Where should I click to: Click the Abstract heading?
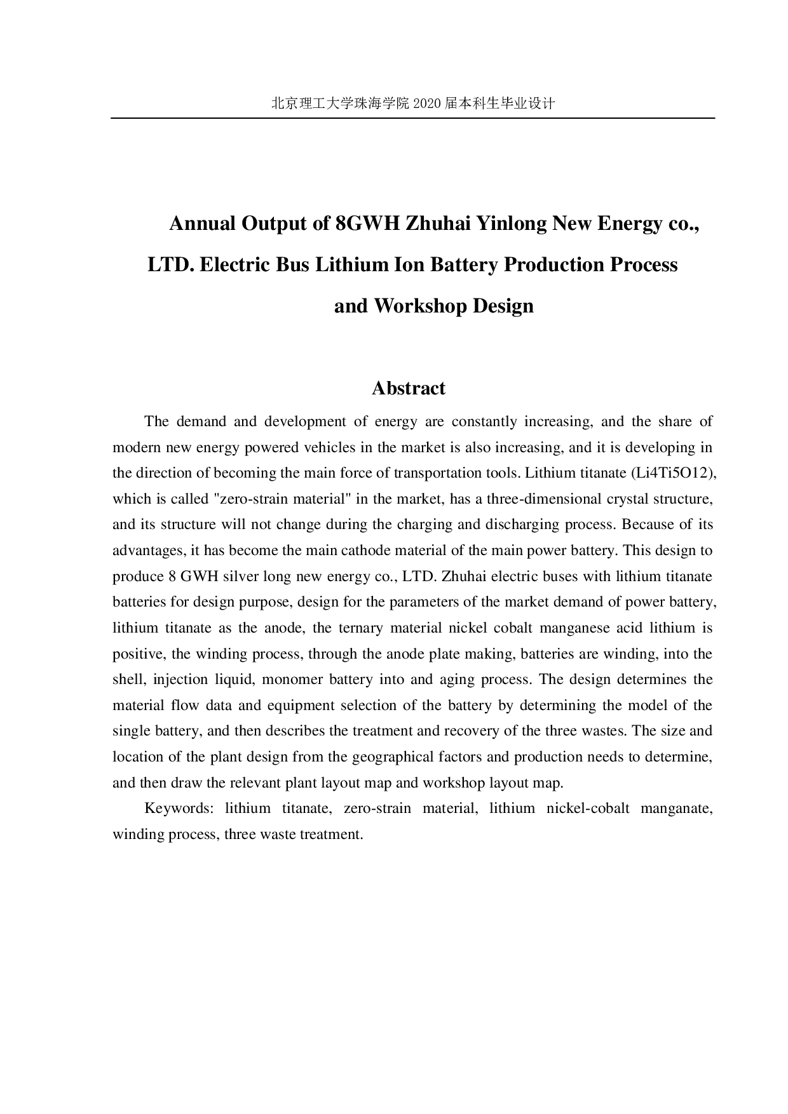tap(408, 388)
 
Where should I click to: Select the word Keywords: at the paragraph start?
tap(179, 809)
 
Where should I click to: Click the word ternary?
tap(360, 628)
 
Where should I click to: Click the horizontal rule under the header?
tap(413, 118)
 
